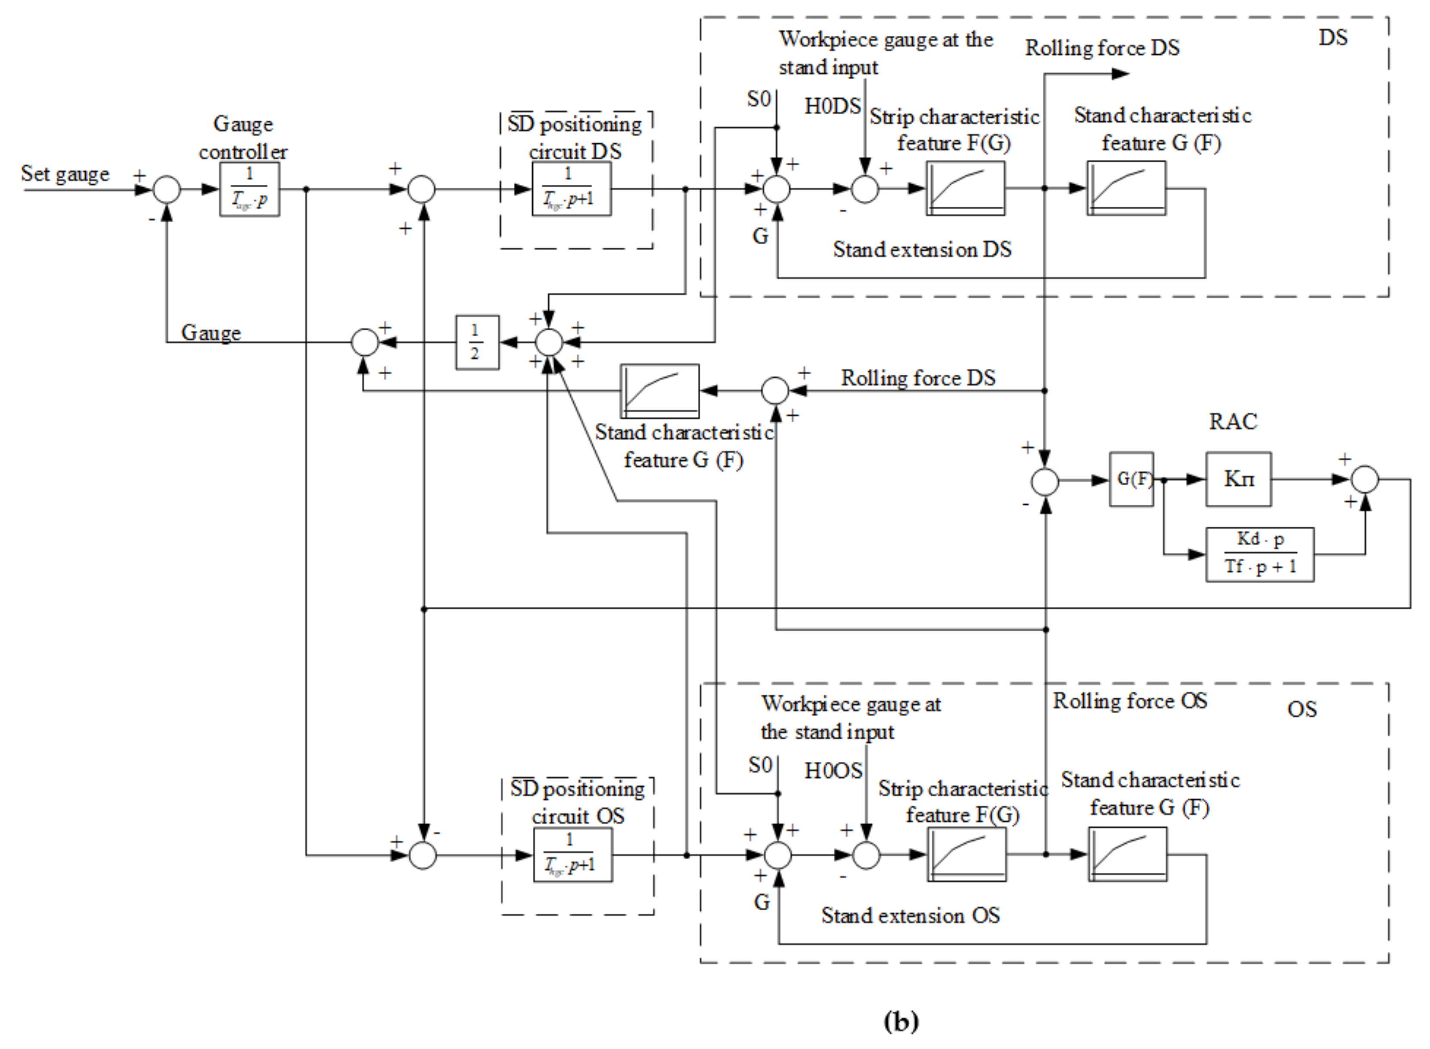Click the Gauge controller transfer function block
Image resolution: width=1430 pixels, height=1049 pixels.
(249, 189)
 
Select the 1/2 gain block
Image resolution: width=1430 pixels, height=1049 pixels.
(477, 342)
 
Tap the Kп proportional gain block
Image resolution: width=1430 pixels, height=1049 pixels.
(1238, 479)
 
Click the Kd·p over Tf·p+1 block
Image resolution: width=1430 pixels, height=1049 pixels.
(1260, 554)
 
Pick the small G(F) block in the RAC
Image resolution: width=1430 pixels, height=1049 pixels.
(1131, 479)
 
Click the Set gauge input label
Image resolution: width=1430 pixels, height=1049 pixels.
(65, 174)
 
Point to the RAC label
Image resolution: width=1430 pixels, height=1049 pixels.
(1233, 422)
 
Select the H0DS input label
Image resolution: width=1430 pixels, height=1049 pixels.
(833, 106)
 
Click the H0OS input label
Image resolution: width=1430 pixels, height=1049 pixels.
(833, 770)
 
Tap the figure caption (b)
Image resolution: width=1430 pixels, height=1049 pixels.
(900, 1021)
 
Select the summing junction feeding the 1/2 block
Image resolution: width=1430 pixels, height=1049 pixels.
(549, 342)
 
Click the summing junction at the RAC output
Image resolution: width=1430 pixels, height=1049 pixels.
(1365, 479)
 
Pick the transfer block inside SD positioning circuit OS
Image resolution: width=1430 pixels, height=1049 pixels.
(573, 855)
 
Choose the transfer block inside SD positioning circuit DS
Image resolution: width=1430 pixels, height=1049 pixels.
(572, 189)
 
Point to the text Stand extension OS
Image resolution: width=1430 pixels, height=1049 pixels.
(910, 915)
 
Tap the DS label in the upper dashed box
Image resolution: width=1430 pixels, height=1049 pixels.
(1332, 37)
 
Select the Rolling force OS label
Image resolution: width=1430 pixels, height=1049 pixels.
(1130, 701)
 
